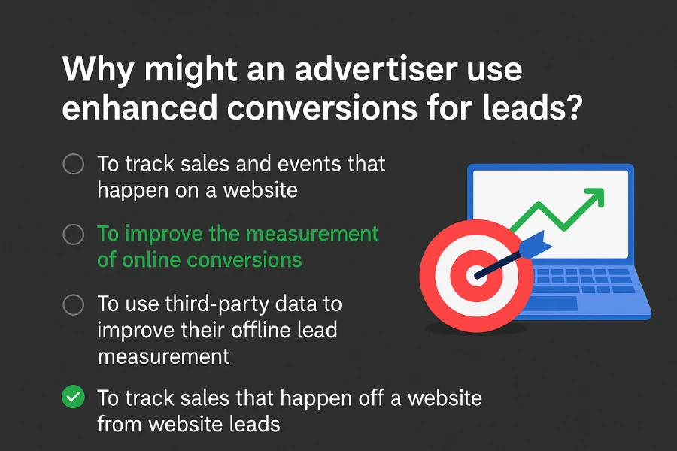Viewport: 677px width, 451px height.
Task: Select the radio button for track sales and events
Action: tap(73, 164)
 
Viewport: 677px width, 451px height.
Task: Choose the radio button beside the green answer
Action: tap(73, 235)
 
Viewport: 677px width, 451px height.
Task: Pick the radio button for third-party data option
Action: tap(73, 304)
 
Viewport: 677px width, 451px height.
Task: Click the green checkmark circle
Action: tap(73, 398)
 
